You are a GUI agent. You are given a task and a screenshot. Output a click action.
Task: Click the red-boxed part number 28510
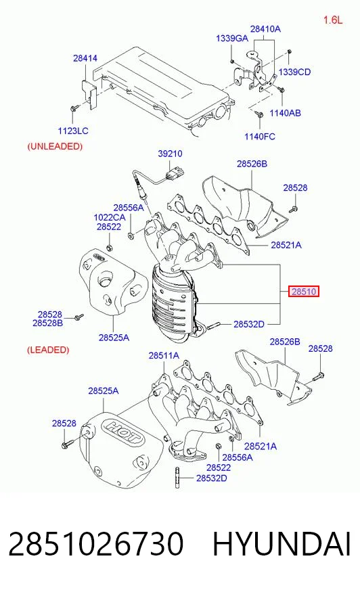304,291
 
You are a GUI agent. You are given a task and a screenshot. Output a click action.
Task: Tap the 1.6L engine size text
333,20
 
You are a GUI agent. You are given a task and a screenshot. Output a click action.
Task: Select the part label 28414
85,58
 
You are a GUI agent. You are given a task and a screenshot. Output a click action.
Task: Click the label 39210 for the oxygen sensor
170,154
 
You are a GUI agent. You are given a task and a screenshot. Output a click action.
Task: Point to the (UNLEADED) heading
55,146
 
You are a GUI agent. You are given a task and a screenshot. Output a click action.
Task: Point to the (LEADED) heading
48,350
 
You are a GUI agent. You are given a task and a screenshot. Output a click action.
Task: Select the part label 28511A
164,355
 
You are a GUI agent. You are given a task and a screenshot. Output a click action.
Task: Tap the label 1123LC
73,131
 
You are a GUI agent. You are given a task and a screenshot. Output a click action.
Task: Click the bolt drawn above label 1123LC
73,109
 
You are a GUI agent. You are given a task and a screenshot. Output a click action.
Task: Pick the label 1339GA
231,39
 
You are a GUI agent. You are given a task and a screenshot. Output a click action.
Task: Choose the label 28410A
265,28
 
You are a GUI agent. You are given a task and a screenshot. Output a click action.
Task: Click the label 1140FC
260,136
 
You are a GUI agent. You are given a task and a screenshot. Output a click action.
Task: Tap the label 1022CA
110,217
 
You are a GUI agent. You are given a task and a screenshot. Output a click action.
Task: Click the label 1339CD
294,72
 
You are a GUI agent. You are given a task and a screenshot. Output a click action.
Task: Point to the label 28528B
48,323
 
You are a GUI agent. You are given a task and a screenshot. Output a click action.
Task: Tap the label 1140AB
285,113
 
